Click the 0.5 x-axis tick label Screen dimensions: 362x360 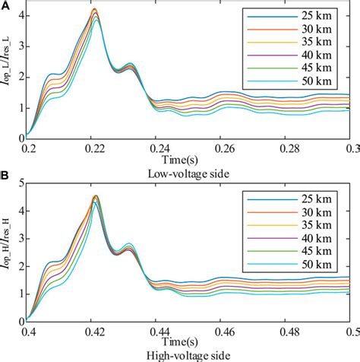(351, 329)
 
